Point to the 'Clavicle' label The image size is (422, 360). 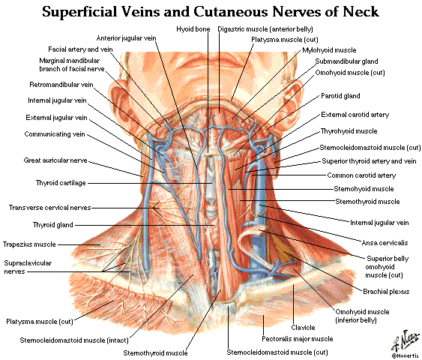303,327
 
